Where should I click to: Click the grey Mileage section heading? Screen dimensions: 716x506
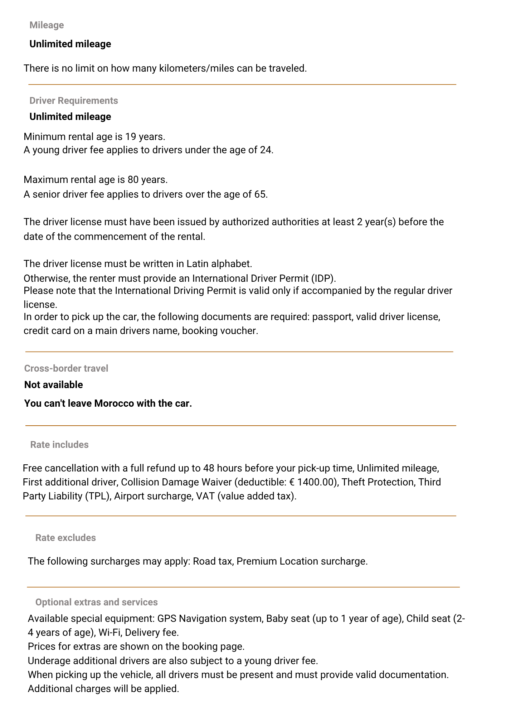tap(47, 25)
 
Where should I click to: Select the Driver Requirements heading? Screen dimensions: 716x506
tap(73, 101)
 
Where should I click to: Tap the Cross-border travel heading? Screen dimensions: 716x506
tap(66, 368)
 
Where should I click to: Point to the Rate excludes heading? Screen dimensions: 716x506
tap(65, 538)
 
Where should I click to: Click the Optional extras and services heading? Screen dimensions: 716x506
tap(96, 602)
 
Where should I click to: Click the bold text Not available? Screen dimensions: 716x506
tap(53, 385)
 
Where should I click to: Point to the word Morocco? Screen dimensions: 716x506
tap(111, 403)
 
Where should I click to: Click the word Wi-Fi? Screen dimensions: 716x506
tap(109, 633)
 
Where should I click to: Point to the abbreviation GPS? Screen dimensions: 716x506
tap(166, 619)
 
